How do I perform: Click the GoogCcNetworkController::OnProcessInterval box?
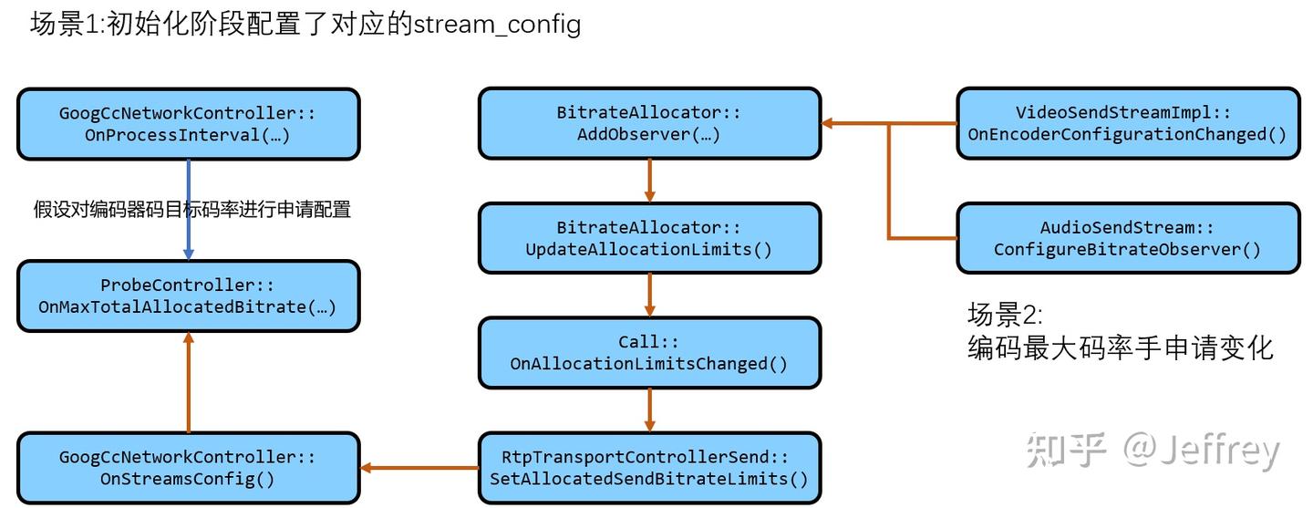pyautogui.click(x=188, y=124)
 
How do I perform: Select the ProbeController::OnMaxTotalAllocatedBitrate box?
pyautogui.click(x=188, y=296)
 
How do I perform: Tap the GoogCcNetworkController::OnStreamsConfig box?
pyautogui.click(x=188, y=468)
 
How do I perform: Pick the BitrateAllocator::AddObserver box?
pyautogui.click(x=649, y=124)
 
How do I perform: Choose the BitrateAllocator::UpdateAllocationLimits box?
pyautogui.click(x=649, y=238)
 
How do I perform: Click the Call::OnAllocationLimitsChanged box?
pyautogui.click(x=649, y=353)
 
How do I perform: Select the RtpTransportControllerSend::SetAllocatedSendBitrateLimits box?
pyautogui.click(x=649, y=468)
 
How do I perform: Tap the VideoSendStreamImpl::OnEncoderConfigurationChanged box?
pyautogui.click(x=1127, y=124)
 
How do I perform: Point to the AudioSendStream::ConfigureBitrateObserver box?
pyautogui.click(x=1127, y=238)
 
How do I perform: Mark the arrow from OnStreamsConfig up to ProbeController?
pyautogui.click(x=188, y=383)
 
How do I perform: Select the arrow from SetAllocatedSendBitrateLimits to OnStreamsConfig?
pyautogui.click(x=419, y=468)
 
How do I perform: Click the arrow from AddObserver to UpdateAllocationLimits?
pyautogui.click(x=649, y=181)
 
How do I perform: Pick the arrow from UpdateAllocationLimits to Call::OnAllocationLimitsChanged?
pyautogui.click(x=649, y=295)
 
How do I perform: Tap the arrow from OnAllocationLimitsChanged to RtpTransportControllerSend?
pyautogui.click(x=649, y=410)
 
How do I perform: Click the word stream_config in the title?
pyautogui.click(x=497, y=24)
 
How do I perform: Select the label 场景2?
pyautogui.click(x=1004, y=316)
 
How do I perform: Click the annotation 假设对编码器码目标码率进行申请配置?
pyautogui.click(x=192, y=210)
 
